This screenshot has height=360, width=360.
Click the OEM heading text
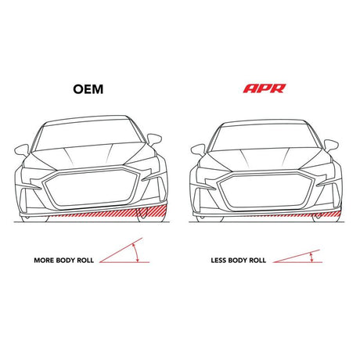coord(88,89)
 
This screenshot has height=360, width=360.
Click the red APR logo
coord(265,88)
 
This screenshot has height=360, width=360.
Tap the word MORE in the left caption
coord(44,261)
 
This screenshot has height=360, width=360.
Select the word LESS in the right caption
coord(218,261)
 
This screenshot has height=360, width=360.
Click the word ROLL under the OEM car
coord(85,261)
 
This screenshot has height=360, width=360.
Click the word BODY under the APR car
coord(238,261)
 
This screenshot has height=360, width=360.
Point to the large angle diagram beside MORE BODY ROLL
coord(124,250)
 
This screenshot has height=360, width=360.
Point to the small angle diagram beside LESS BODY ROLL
coord(297,256)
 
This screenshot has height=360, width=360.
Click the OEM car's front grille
coord(92,189)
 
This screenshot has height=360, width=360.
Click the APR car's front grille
coord(266,191)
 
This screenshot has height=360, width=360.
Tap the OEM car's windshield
coord(88,135)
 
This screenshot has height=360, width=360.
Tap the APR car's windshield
coord(265,138)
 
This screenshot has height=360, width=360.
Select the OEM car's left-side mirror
coord(22,150)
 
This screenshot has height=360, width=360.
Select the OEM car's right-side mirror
coord(154,139)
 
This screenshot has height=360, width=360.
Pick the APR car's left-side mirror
coord(198,150)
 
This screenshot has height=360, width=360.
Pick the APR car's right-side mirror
coord(331,146)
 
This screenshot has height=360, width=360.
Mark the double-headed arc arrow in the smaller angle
coord(311,257)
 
